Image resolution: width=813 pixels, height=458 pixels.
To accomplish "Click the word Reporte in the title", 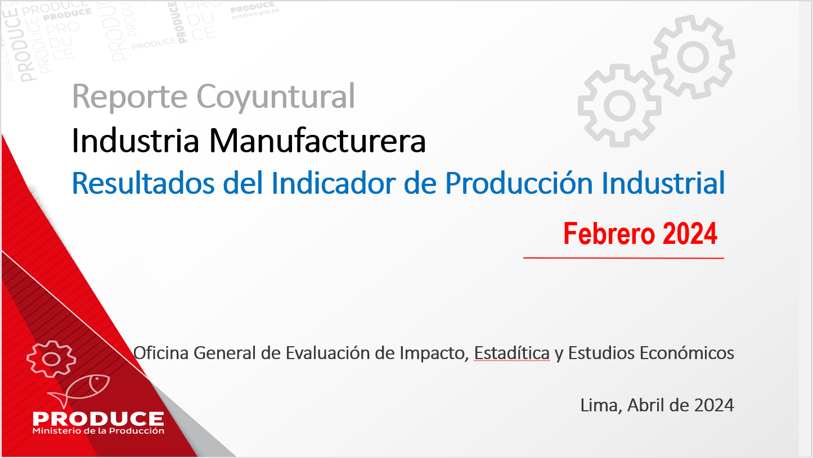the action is tap(130, 97).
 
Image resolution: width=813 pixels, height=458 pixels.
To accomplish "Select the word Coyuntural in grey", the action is tap(276, 97).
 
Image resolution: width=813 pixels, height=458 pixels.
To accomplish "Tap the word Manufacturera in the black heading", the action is tap(317, 140).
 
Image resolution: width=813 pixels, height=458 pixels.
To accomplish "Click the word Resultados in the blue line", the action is tap(144, 184).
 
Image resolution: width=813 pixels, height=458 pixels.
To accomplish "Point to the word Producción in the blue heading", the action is tap(519, 184).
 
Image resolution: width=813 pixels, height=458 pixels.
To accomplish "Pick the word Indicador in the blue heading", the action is tap(334, 184).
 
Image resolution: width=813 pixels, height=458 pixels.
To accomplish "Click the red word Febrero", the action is tap(609, 234).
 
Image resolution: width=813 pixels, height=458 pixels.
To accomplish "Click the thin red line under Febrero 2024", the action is tap(623, 258).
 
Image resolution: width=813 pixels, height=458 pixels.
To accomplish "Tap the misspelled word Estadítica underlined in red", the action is tap(512, 353).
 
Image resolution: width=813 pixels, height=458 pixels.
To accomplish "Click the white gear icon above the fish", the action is tap(51, 359).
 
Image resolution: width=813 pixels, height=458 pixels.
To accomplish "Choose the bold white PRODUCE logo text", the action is tap(98, 419).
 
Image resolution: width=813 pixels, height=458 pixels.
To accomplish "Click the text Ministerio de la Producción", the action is tap(98, 431).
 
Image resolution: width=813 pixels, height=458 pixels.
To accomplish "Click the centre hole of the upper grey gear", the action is tap(693, 57).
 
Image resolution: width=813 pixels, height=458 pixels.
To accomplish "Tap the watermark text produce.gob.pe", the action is tap(255, 14).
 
